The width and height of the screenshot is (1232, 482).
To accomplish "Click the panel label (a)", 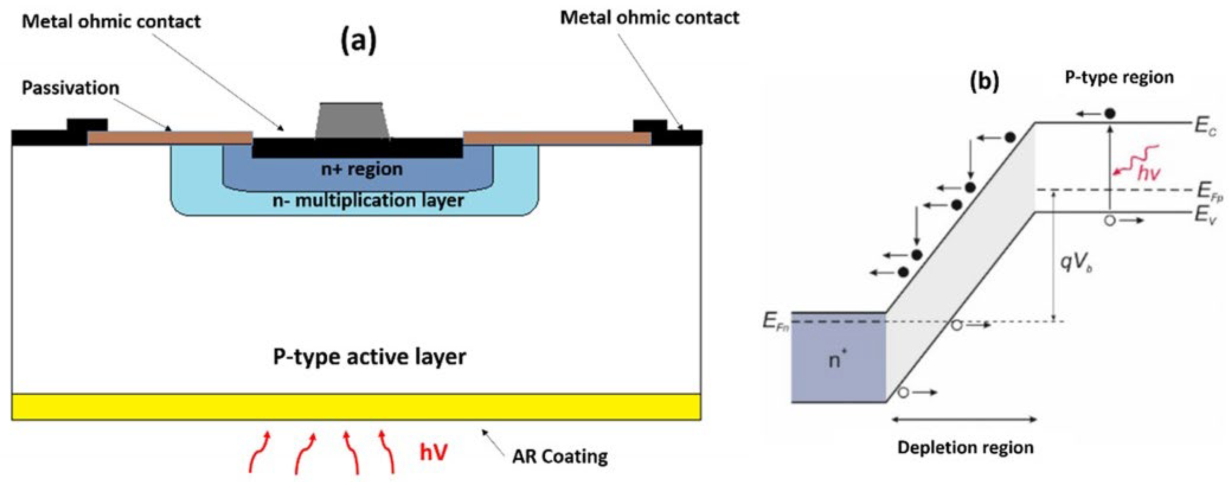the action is pos(359,41).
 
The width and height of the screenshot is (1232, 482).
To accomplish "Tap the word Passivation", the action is pos(70,88).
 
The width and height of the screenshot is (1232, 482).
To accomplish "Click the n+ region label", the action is pos(362,169).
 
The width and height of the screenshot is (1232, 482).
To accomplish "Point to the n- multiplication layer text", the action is pos(368,200).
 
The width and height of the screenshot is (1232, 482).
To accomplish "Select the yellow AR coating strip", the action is pos(356,407).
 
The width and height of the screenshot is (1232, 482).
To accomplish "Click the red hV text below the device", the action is pos(434,452).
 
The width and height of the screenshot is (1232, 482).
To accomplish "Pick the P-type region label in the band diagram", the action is pos(1119,77).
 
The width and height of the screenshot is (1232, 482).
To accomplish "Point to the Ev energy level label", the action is pos(1205,214).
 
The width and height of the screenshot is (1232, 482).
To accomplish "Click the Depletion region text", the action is pos(965,447).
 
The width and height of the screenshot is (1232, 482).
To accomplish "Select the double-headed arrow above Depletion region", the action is pos(964,420).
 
